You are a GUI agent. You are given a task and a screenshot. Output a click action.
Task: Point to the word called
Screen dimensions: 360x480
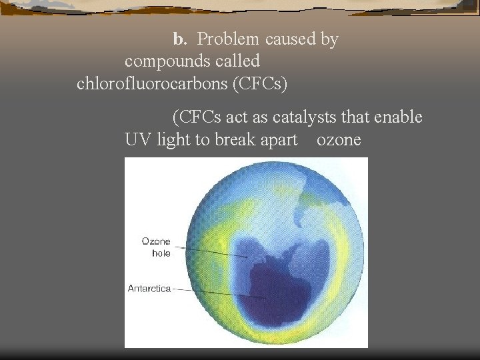235,61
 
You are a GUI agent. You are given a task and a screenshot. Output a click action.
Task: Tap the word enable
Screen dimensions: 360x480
399,117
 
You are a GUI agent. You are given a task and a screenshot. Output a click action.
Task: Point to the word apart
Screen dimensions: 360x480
279,140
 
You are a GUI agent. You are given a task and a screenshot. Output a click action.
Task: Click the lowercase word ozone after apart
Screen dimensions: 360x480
339,140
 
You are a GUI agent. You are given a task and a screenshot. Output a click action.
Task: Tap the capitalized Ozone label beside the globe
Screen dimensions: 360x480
157,241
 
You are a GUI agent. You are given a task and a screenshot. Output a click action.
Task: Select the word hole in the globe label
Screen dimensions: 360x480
161,253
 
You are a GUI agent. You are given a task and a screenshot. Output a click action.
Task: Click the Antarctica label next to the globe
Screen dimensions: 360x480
149,289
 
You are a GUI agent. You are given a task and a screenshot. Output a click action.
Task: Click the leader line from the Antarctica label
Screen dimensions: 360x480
220,293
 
